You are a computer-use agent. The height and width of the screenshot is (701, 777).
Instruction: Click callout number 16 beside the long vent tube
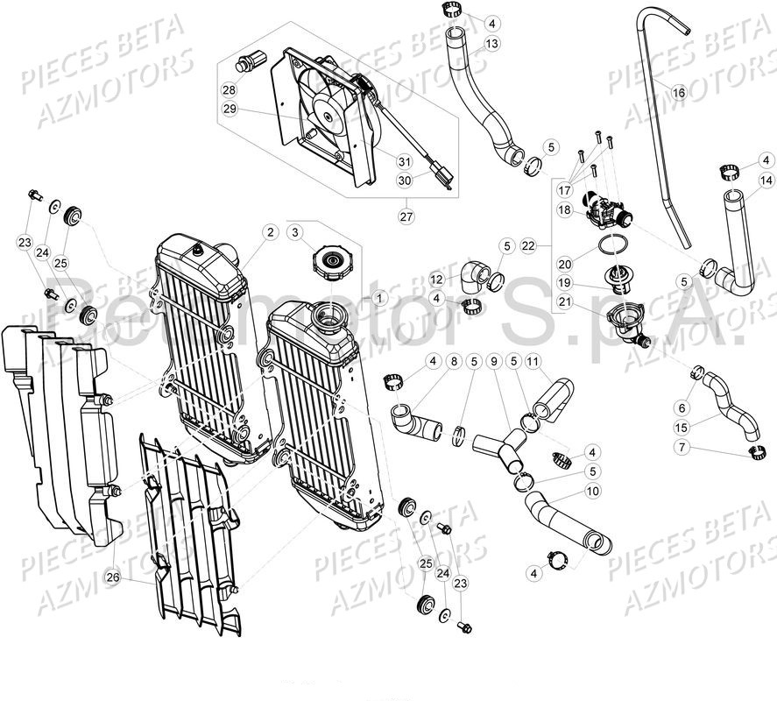[679, 92]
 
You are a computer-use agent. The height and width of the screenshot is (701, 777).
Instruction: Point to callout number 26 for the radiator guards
[113, 577]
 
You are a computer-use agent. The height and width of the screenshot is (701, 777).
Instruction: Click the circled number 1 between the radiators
[379, 298]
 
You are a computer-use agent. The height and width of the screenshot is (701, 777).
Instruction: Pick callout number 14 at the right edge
[765, 181]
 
